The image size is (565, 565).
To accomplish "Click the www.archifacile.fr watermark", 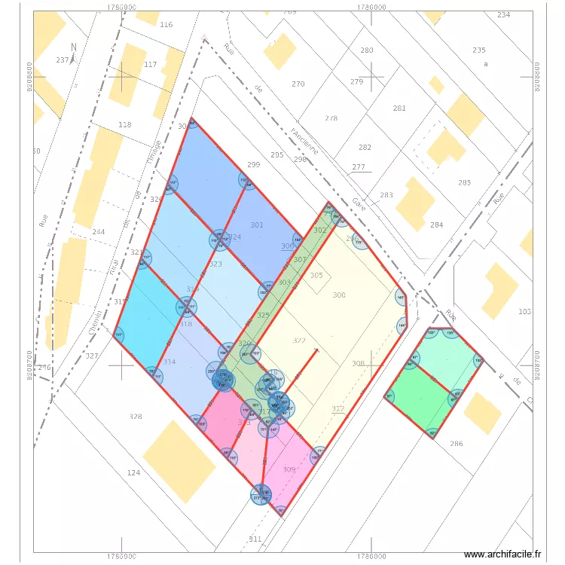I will pos(502,554).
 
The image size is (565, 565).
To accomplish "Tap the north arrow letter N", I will pos(73,47).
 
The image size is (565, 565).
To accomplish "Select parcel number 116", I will pos(166,25).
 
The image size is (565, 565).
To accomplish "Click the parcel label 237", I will pos(63,60).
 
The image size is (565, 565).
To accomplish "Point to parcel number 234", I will pos(503,15).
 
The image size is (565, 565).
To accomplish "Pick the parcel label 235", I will pos(479,50).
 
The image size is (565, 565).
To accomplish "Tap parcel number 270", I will pos(298,84).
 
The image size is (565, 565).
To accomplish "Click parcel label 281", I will pos(399,108).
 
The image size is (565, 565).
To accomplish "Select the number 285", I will pos(464,182).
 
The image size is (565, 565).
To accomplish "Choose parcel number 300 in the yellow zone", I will pos(339,295).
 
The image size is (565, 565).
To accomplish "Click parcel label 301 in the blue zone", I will pos(257,224).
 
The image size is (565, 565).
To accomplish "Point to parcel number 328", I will pos(136,417).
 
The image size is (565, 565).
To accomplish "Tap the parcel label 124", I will pos(133,472).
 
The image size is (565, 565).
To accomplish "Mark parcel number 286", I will pos(457,444).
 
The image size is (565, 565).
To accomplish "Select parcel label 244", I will pos(98,231).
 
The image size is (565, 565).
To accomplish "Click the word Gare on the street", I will pos(358,202).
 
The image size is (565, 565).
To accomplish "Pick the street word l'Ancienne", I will pos(304,141).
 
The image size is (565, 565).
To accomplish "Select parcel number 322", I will pos(299,341).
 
